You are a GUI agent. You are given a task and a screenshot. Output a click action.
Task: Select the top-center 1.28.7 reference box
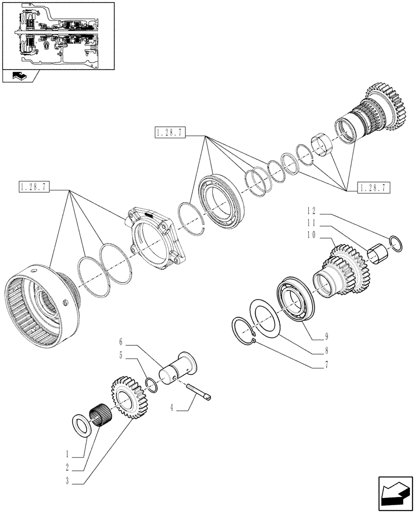click(169, 134)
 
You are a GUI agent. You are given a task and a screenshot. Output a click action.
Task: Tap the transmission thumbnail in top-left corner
click(57, 35)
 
